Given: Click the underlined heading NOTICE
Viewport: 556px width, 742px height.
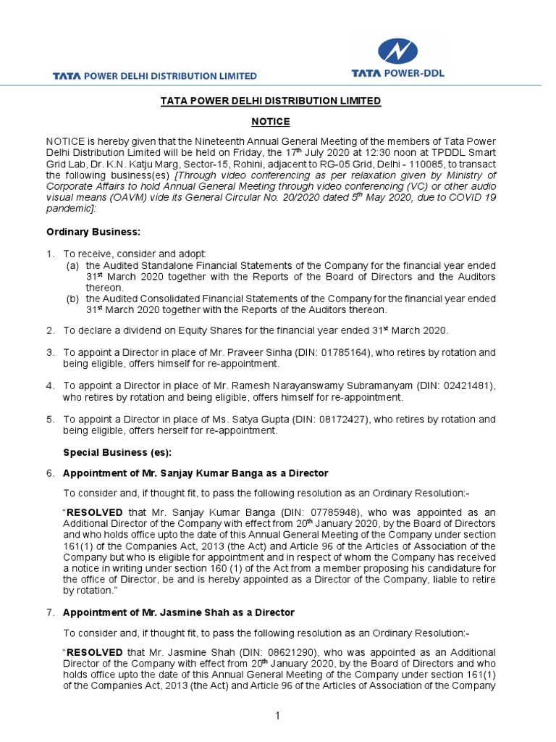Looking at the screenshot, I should point(270,122).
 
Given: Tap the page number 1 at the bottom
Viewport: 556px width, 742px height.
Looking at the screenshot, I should point(277,717).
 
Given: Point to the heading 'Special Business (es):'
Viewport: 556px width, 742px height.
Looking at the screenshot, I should point(117,452).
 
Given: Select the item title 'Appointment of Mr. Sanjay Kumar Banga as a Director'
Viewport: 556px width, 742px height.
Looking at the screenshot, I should point(195,473).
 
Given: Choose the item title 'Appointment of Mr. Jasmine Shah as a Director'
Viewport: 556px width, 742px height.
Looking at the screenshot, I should point(179,612).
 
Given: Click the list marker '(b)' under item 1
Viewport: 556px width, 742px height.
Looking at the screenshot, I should point(73,299).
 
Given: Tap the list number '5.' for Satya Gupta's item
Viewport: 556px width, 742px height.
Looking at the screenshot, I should point(51,419).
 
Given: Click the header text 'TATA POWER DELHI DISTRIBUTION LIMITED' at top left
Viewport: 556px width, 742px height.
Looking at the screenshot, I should point(154,75).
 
